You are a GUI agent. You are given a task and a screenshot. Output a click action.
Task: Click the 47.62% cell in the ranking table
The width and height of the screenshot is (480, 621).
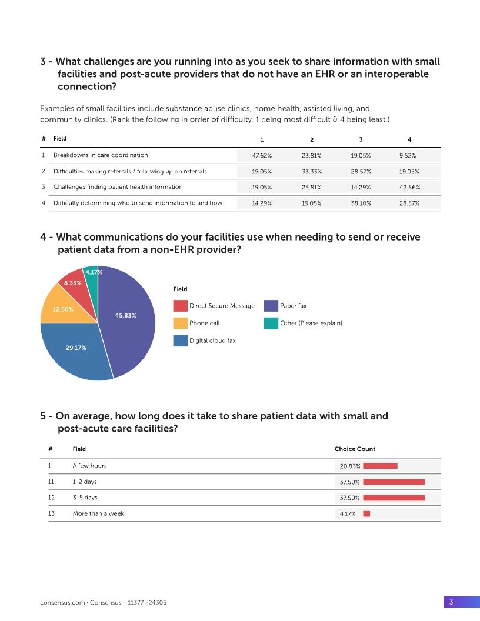(262, 155)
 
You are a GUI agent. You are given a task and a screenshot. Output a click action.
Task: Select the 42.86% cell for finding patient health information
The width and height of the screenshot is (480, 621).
(409, 187)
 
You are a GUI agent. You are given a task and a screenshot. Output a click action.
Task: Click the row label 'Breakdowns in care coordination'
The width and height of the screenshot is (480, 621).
(101, 155)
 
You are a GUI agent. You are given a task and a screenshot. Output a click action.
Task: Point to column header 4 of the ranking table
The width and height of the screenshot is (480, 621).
(409, 139)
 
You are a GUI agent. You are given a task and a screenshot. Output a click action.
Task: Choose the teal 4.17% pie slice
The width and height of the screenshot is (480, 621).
(92, 276)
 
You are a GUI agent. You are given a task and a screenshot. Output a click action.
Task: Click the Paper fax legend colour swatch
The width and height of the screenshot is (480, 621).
(271, 306)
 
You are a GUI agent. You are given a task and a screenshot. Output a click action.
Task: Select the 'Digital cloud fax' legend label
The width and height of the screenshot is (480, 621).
(212, 340)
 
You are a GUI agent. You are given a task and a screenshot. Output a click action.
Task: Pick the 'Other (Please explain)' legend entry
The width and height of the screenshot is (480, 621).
(311, 323)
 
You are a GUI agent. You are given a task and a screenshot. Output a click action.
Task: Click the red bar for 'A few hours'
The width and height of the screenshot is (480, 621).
(380, 466)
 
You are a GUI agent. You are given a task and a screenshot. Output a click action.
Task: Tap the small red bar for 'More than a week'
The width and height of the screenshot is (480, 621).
(366, 513)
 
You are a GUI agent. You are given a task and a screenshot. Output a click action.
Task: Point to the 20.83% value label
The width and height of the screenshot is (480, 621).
(350, 466)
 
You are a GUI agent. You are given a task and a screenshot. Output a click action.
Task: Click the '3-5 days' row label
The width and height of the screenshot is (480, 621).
(85, 498)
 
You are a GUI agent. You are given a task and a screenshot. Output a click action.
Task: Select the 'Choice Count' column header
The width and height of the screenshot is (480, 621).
(355, 449)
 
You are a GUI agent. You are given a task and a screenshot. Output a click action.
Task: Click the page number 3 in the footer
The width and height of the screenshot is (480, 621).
(451, 602)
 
